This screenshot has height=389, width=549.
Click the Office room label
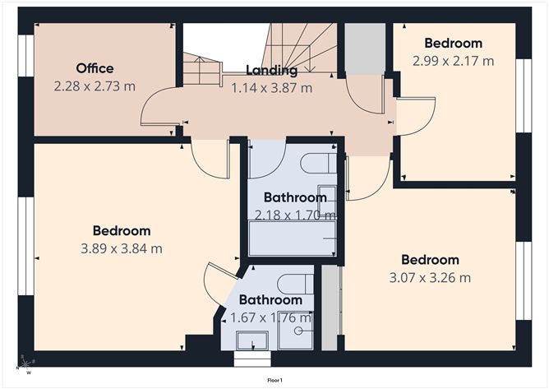(95, 68)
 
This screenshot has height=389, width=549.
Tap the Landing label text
(272, 70)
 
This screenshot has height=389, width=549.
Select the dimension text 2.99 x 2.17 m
(453, 61)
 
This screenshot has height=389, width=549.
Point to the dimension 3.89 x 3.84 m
(122, 248)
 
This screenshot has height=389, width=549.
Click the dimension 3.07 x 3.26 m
(430, 277)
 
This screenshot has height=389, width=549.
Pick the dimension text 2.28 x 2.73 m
(95, 86)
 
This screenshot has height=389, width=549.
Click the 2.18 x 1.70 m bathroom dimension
(295, 215)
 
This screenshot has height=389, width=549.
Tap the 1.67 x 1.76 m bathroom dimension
(270, 317)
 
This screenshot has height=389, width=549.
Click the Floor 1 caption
(274, 380)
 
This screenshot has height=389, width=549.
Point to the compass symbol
(26, 365)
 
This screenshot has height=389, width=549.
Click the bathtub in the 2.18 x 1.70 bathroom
(293, 238)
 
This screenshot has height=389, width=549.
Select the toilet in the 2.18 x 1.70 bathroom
(319, 163)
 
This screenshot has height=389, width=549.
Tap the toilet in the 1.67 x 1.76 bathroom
(295, 284)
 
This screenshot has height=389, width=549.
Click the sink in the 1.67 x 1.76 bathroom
(252, 340)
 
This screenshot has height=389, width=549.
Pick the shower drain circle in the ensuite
(298, 330)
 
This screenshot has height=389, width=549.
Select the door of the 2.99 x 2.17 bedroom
(416, 116)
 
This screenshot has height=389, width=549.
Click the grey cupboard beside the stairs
(365, 49)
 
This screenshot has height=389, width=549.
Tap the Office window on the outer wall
(26, 55)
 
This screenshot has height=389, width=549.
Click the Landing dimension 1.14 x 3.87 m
(272, 88)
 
